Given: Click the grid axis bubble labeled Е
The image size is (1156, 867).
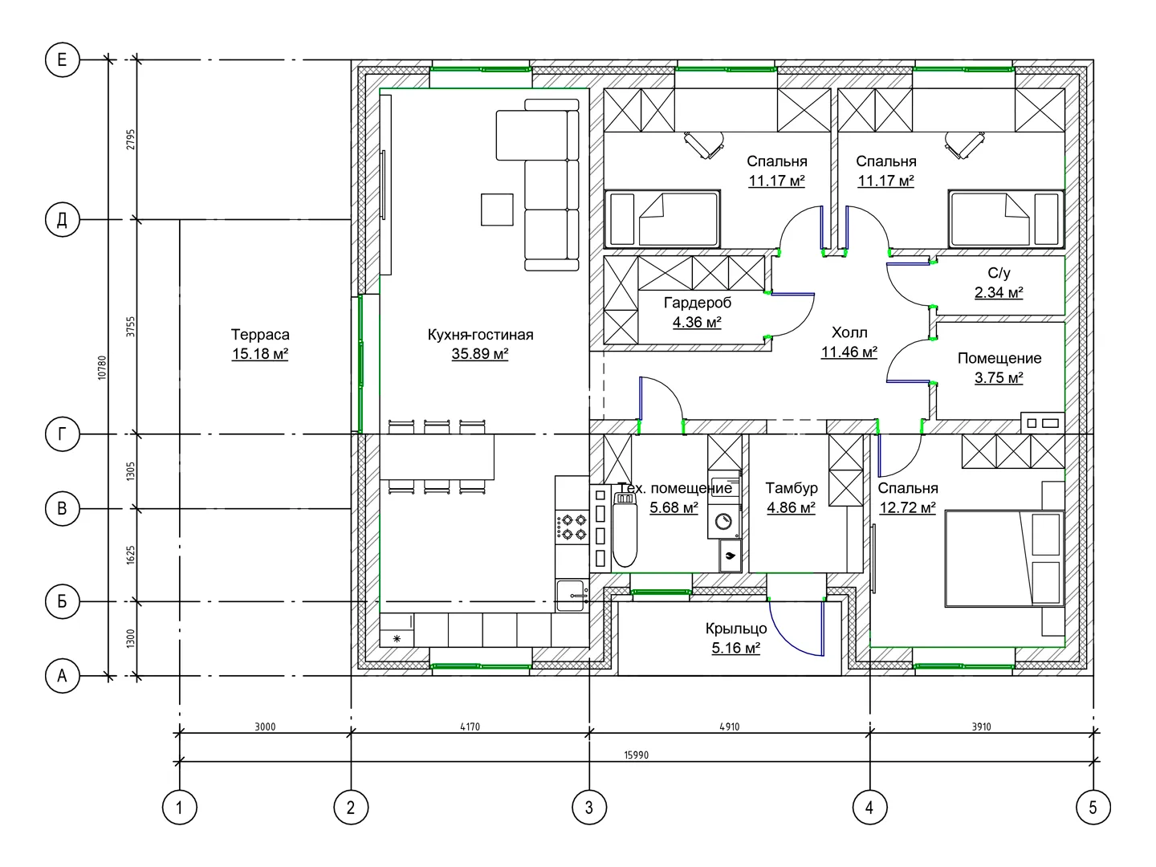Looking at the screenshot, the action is tap(62, 60).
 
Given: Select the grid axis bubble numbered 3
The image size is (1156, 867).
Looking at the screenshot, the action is tap(588, 807).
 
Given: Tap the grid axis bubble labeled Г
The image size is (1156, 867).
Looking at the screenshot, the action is tap(62, 434).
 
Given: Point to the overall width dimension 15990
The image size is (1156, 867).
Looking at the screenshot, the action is tap(636, 755).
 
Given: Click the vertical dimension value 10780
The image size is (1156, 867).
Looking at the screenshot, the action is tap(102, 368).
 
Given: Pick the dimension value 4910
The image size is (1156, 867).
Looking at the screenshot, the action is tap(730, 727).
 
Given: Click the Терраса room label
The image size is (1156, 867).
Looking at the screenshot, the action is tap(260, 334).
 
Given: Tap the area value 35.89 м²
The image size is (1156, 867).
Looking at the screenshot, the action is tap(480, 354).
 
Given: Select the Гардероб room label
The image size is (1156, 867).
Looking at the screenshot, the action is tap(698, 303).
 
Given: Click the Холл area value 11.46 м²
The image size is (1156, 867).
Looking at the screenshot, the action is tap(849, 352).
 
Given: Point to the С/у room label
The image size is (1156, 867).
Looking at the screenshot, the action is tap(999, 273).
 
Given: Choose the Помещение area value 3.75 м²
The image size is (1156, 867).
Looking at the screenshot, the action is tap(999, 377).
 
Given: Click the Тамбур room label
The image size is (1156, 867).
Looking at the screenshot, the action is tap(791, 488).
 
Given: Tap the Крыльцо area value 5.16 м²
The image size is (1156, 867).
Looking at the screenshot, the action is tap(735, 648).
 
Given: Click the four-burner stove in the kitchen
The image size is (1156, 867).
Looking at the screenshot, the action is tap(572, 527).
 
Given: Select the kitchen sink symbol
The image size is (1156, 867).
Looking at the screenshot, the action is tap(572, 596).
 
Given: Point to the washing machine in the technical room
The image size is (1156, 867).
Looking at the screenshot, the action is tap(723, 522).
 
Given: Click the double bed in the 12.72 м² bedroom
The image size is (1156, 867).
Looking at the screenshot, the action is tap(1004, 559).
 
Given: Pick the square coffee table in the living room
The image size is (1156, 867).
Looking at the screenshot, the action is tap(497, 210).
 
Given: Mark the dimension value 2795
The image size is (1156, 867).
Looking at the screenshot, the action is tap(131, 140).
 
